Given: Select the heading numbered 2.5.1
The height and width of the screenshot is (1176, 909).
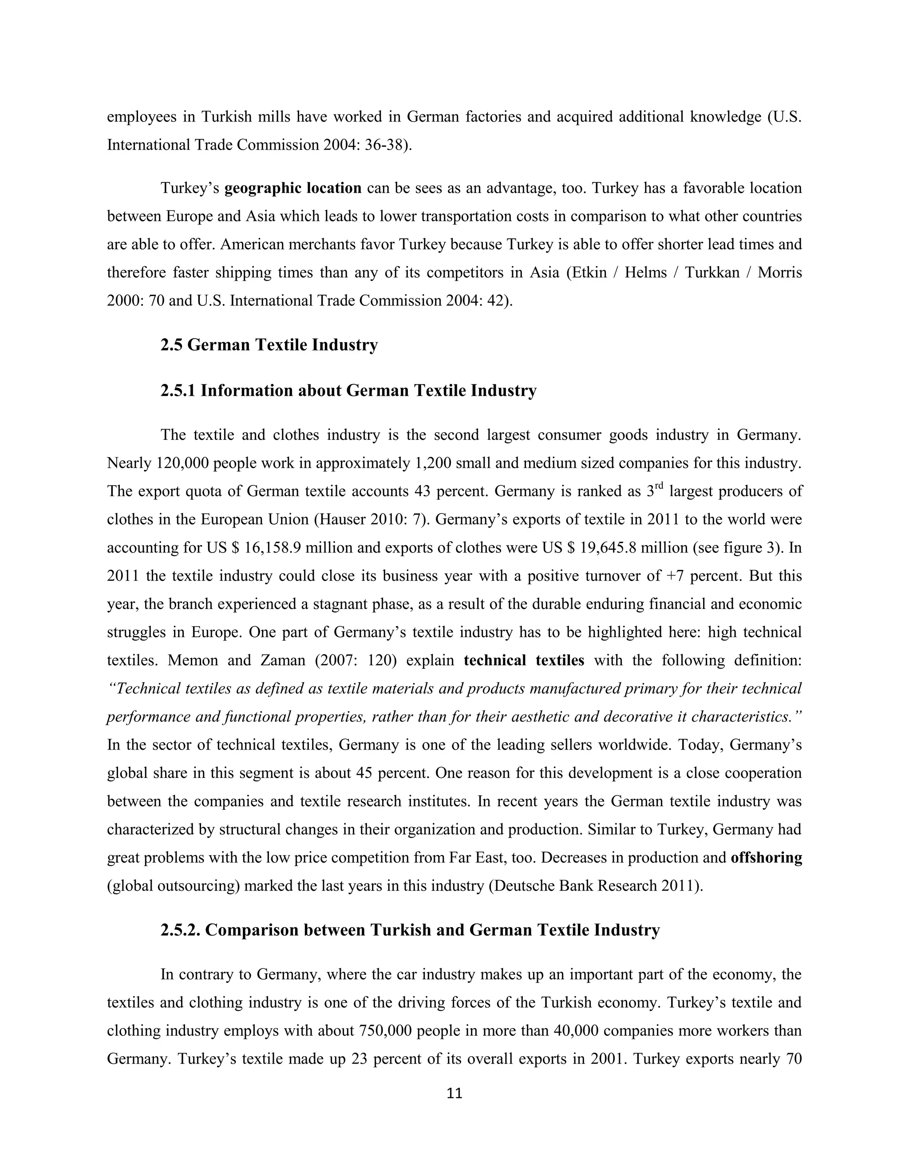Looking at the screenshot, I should click(x=348, y=391).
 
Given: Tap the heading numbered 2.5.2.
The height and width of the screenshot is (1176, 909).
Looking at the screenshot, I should click(x=409, y=930).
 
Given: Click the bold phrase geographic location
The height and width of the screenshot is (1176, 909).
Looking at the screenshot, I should click(x=292, y=189).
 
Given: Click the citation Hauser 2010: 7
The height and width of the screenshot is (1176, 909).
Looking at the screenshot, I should click(x=371, y=520).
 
